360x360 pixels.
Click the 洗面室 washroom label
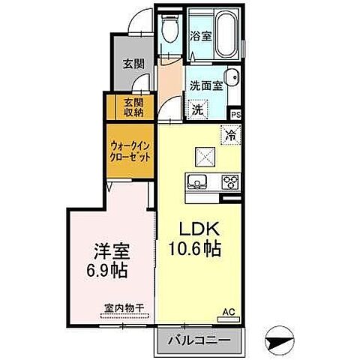[206, 85]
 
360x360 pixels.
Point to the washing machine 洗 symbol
[197, 107]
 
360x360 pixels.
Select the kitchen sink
[198, 181]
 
